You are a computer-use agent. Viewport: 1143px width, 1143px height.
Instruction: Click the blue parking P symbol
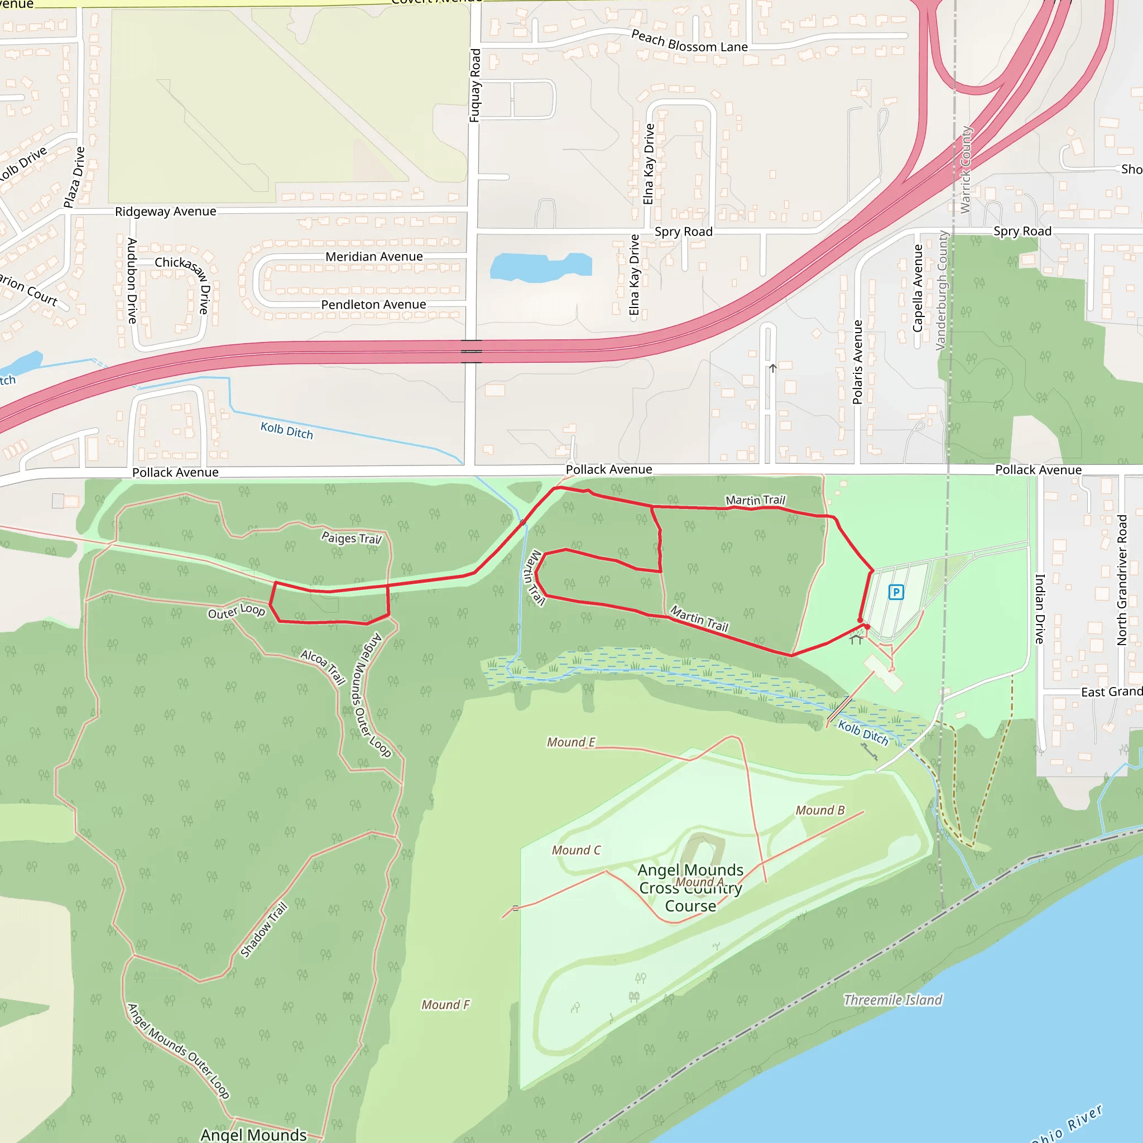(x=896, y=592)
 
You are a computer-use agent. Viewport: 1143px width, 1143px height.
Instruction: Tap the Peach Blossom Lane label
(x=689, y=41)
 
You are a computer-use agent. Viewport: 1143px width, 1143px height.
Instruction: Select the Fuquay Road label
(x=474, y=86)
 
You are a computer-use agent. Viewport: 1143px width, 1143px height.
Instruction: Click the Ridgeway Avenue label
(x=166, y=211)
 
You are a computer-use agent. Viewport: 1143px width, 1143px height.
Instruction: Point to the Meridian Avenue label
(x=374, y=257)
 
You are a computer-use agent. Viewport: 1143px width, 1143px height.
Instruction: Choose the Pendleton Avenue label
(x=373, y=305)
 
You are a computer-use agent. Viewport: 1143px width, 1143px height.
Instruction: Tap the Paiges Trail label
(x=352, y=538)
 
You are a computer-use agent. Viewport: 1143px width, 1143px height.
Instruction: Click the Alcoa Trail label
(x=323, y=666)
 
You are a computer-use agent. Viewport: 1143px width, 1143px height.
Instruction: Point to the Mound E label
(x=571, y=742)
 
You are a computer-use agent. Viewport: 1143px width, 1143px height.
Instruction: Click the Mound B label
(x=820, y=810)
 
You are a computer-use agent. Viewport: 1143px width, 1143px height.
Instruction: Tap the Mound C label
(x=576, y=850)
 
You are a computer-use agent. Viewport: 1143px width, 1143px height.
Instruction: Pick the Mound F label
(x=445, y=1005)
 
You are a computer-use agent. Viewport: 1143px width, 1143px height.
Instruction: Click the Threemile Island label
(x=893, y=1000)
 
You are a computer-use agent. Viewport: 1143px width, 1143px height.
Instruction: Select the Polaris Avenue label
(x=857, y=362)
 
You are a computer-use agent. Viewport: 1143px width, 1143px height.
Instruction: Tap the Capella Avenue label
(x=918, y=288)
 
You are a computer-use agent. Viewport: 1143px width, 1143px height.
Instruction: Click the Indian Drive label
(x=1039, y=609)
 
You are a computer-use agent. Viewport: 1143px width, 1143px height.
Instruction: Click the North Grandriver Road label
(x=1122, y=580)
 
